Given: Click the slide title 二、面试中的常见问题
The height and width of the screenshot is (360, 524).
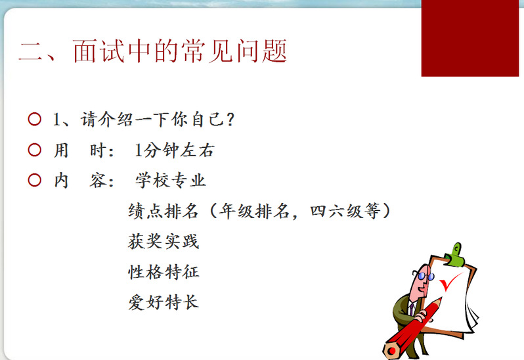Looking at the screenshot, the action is point(153,51).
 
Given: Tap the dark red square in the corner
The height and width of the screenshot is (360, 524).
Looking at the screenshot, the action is point(470,38).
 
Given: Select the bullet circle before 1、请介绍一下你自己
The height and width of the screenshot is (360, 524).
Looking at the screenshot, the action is point(34,120).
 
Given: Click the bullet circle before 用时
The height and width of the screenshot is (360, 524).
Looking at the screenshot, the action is point(34,150).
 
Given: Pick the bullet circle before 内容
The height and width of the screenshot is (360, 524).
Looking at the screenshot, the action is point(34,180).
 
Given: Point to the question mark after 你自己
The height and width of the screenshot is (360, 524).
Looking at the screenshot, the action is point(230,120).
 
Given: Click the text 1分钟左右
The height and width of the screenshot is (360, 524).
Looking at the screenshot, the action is point(174,150).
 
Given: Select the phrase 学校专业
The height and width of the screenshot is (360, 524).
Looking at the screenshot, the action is point(171,181).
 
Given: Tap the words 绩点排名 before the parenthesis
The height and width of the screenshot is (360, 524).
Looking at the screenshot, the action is point(163,212).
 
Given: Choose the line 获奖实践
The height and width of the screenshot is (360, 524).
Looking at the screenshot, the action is point(164,241).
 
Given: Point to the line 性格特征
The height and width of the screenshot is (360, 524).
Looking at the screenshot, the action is point(164,272).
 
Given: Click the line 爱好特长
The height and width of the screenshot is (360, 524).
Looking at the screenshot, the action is point(164,302).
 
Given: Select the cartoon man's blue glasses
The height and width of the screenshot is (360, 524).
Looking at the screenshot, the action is point(425,276).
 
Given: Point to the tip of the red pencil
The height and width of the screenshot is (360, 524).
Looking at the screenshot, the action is point(441,298).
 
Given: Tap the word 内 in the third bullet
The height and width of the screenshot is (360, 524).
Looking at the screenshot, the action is point(61,181).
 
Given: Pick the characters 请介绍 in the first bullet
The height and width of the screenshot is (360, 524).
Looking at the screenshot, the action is point(106,120).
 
